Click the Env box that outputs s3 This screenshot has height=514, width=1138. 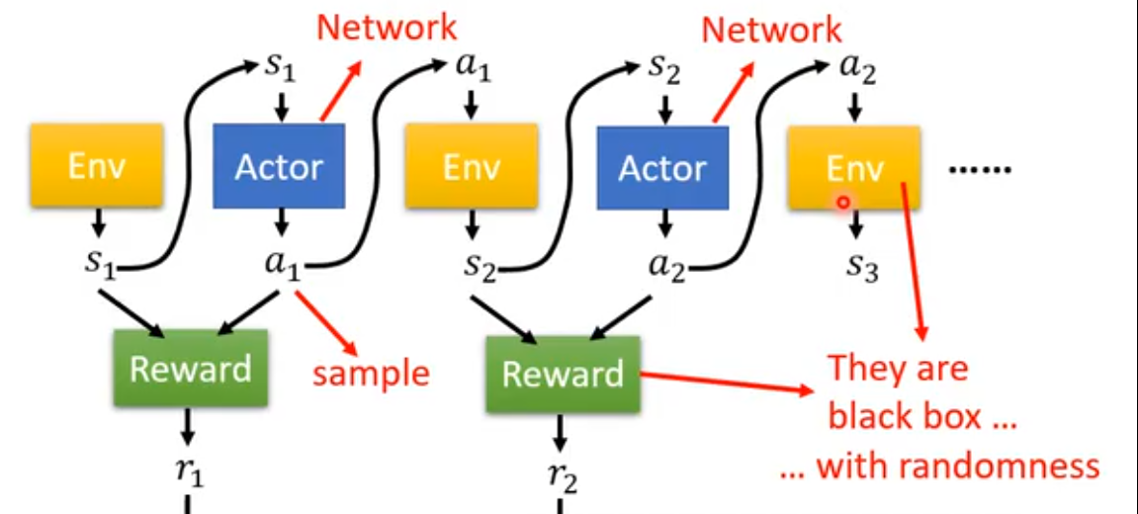pos(853,167)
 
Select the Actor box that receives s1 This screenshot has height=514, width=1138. pos(279,166)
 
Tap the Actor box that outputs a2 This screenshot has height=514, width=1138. pos(661,168)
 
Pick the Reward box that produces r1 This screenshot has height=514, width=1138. pos(191,370)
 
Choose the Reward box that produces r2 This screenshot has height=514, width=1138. pos(563,374)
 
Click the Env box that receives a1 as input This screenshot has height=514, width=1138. pos(472,166)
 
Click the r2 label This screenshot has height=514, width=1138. pos(563,476)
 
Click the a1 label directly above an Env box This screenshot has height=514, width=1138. pos(472,69)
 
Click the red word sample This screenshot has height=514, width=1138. pos(372,374)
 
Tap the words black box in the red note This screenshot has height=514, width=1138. pos(904,416)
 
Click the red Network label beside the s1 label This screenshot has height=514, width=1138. pos(387,27)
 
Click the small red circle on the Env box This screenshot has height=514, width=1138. pos(842,202)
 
